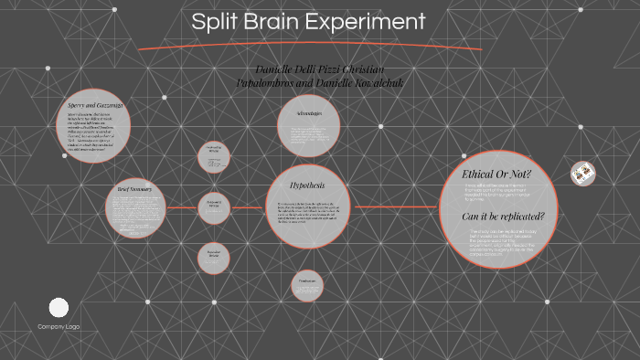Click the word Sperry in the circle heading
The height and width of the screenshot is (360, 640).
pyautogui.click(x=80, y=106)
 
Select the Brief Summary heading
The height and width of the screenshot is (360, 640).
pyautogui.click(x=134, y=189)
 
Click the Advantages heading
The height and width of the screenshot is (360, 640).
pyautogui.click(x=309, y=113)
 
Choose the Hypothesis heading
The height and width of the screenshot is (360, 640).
pyautogui.click(x=308, y=184)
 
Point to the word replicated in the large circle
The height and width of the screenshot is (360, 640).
pyautogui.click(x=517, y=217)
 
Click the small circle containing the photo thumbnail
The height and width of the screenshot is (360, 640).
pyautogui.click(x=582, y=172)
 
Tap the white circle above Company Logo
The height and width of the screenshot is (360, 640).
pyautogui.click(x=59, y=308)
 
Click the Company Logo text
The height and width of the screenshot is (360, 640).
pyautogui.click(x=59, y=327)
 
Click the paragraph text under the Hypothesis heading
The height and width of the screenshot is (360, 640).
pyautogui.click(x=308, y=211)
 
